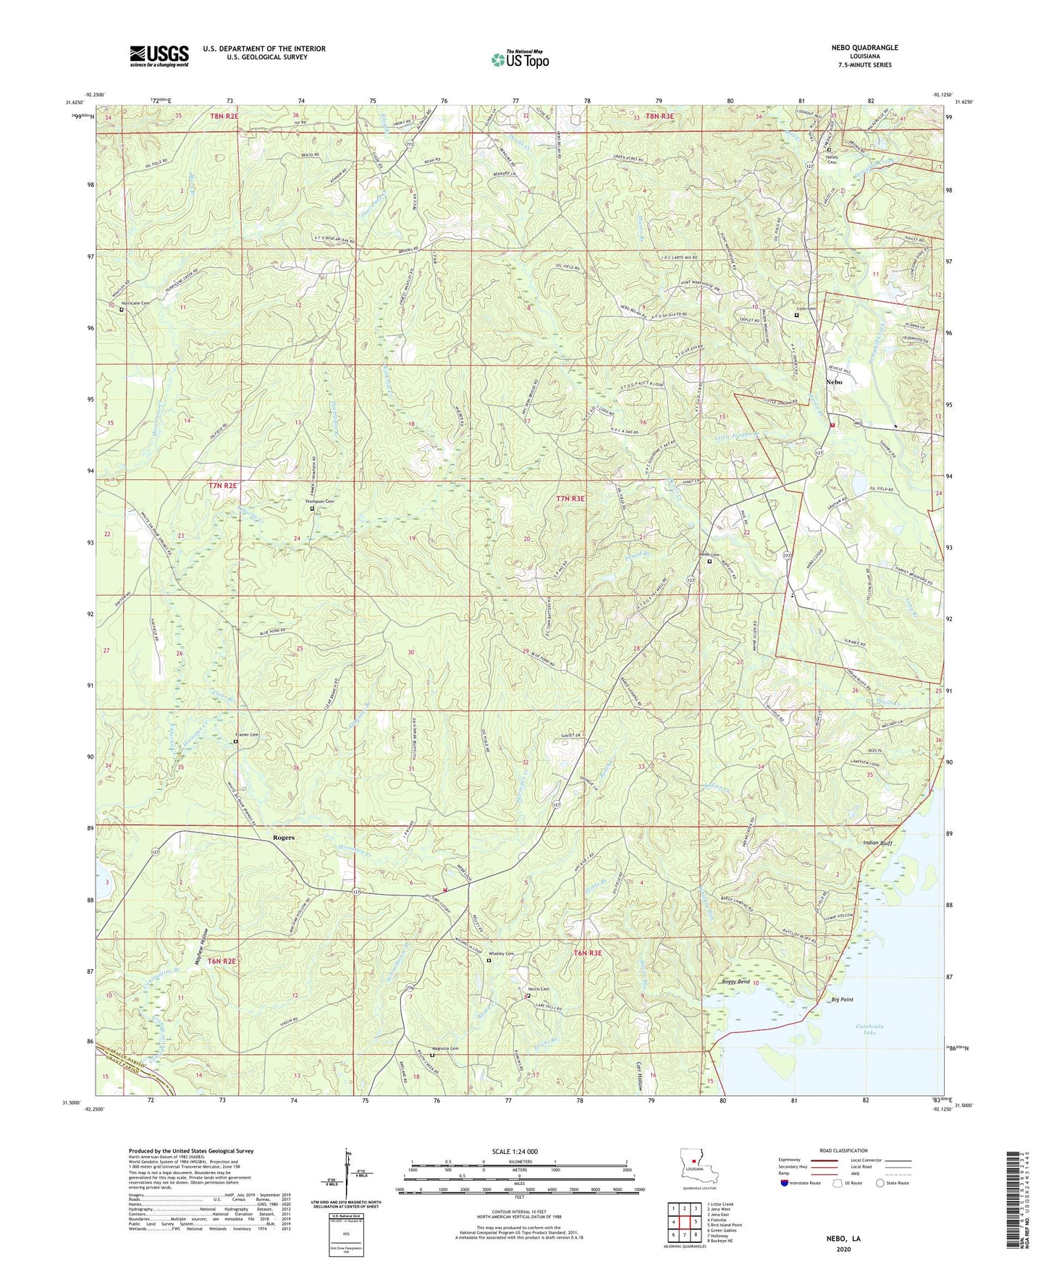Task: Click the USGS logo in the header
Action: [159, 55]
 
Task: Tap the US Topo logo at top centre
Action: [520, 59]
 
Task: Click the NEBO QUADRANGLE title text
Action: [864, 48]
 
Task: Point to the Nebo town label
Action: [834, 382]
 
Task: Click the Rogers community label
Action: [284, 838]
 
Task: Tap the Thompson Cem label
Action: [319, 502]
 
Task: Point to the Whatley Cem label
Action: [499, 953]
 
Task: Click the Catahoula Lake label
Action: [867, 1030]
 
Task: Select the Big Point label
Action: [842, 1000]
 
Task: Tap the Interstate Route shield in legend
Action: [786, 1183]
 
